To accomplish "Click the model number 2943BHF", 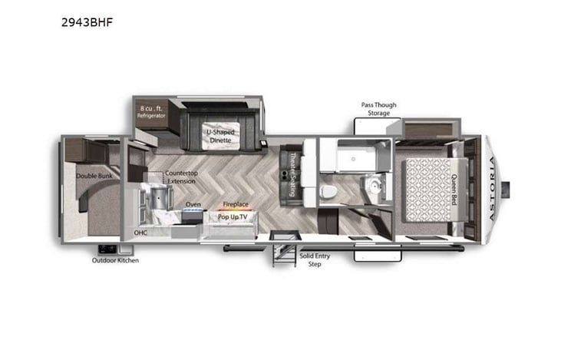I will tap(87, 22).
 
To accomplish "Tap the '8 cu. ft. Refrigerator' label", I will tap(152, 111).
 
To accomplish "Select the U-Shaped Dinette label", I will tap(220, 137).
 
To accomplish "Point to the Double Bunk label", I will tap(91, 176).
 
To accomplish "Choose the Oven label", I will tap(193, 205).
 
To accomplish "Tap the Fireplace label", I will tap(235, 205).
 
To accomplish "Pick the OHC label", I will tap(140, 231).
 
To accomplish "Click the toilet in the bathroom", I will tap(328, 190).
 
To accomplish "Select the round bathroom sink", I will tap(376, 184).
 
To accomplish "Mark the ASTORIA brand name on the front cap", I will tap(492, 188).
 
